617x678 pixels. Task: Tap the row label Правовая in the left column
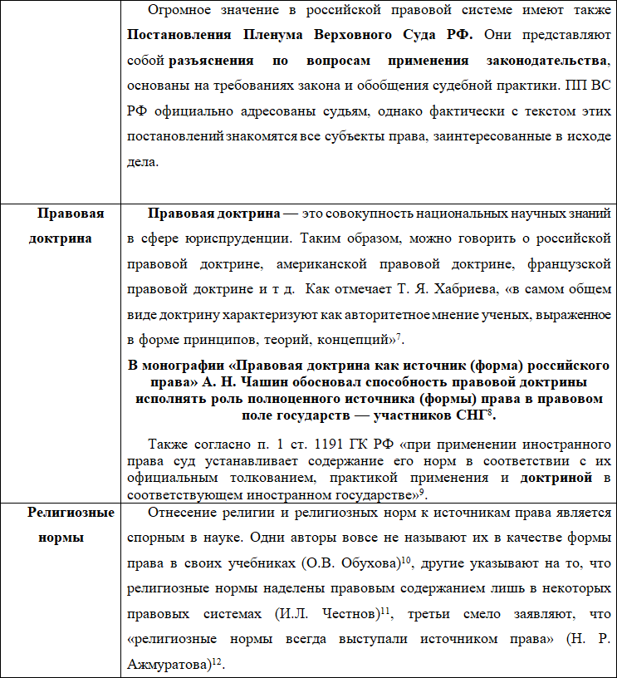[71, 214]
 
